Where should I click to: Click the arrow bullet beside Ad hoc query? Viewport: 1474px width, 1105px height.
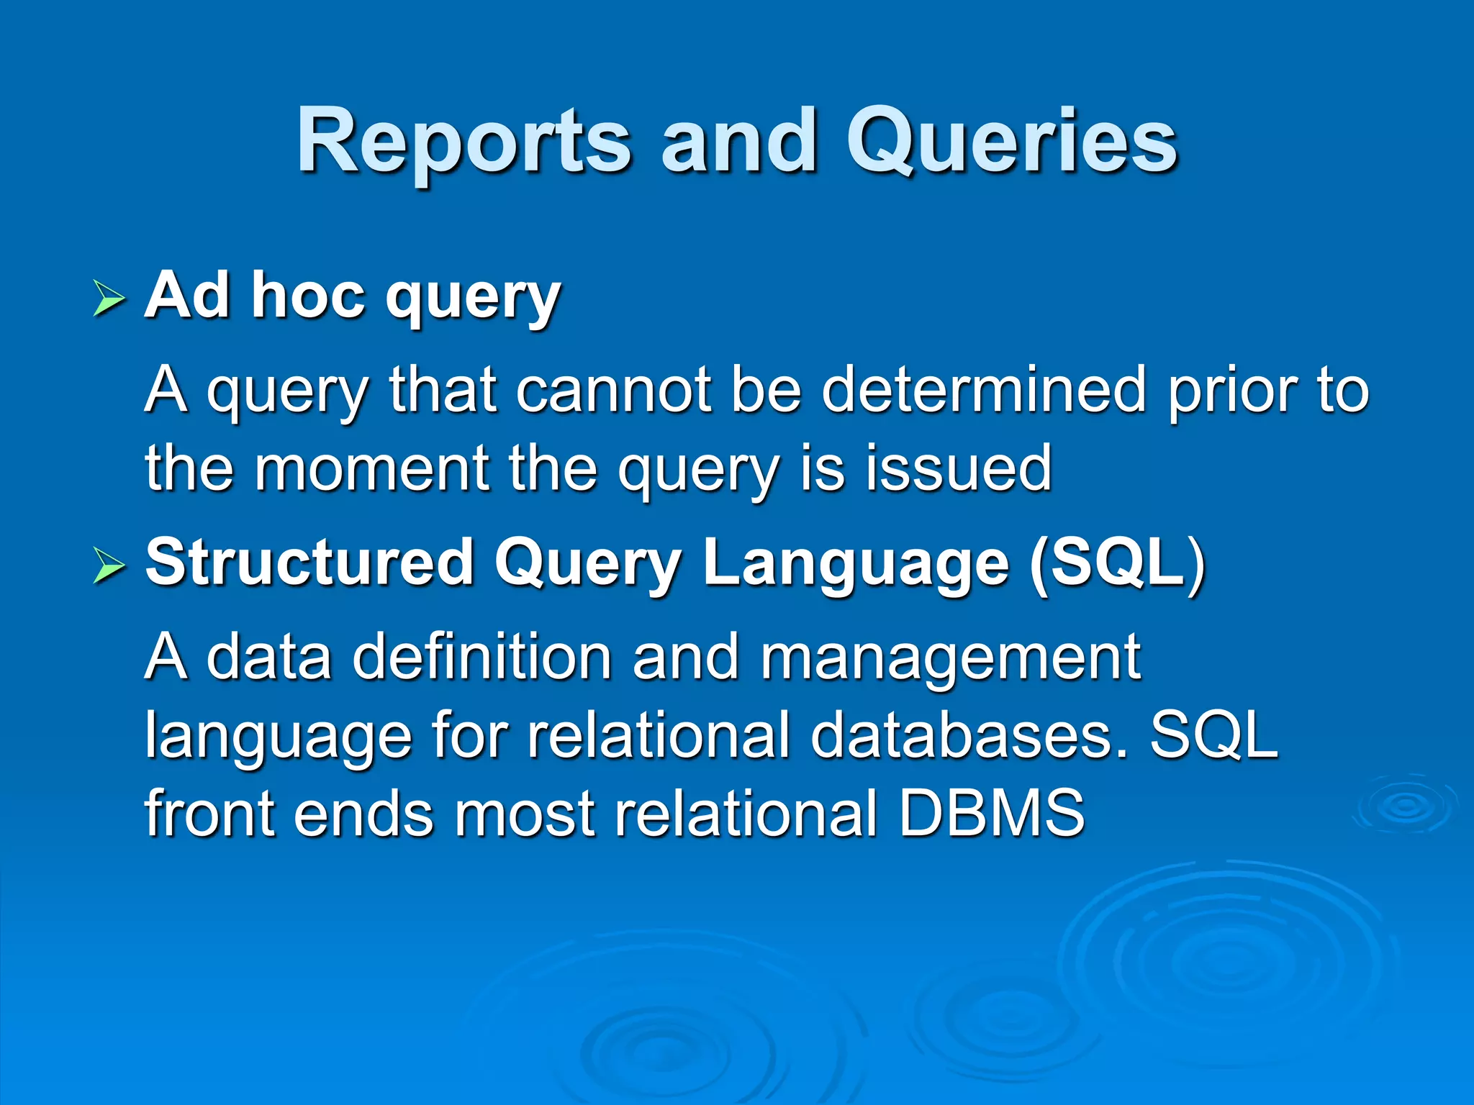tap(109, 299)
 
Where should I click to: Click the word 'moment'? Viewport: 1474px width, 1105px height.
tap(372, 469)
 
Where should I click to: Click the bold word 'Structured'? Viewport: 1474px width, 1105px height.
tap(309, 563)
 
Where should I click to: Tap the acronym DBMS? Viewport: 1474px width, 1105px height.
tap(991, 813)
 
